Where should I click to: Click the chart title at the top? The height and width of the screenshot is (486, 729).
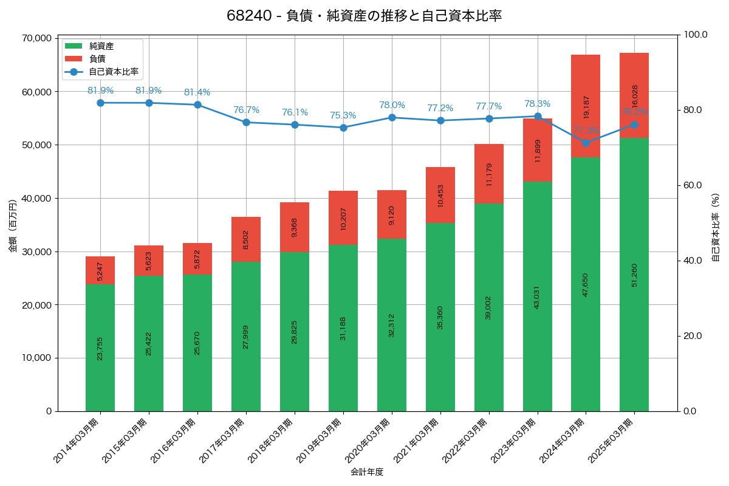364,16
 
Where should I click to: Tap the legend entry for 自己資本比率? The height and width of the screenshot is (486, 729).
109,72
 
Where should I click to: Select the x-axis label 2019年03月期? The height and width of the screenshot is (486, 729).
321,441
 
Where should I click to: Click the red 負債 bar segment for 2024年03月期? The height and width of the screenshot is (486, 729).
586,106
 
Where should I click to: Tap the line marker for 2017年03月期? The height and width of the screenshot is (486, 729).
246,122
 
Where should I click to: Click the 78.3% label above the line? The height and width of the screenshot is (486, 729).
538,104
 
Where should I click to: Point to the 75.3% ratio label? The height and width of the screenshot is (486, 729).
343,115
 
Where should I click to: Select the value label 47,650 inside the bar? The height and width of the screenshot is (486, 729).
586,284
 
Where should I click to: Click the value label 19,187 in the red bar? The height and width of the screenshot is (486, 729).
586,106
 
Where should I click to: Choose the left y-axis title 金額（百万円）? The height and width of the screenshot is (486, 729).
13,225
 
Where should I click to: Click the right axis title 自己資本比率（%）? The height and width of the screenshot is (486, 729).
715,227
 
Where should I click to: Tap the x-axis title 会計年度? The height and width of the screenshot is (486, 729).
367,472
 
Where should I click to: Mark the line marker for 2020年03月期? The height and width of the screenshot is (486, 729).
392,117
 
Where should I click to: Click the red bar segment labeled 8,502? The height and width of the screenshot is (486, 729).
246,239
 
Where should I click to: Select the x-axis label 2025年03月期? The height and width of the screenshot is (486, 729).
613,441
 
